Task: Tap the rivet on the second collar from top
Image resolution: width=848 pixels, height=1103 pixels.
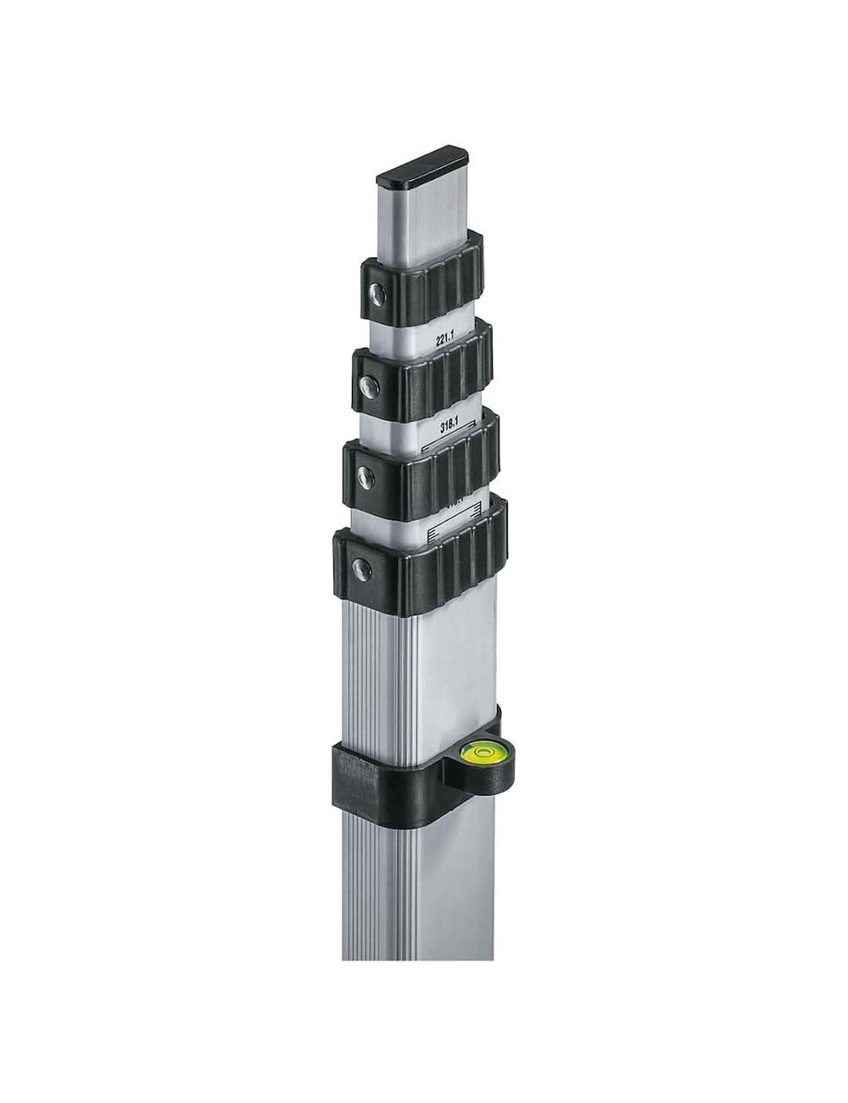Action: pos(368,386)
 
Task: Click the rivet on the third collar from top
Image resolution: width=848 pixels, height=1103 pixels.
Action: pos(362,475)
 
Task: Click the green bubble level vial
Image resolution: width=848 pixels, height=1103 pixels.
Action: pos(479,750)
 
